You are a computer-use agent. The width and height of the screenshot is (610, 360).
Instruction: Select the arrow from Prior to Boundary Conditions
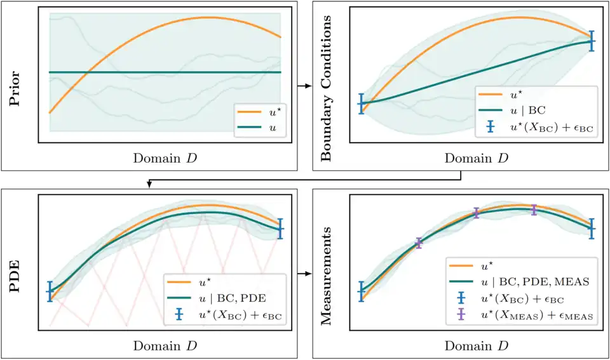tap(304, 85)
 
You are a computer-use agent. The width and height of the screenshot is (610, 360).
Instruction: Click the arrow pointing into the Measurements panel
tap(304, 274)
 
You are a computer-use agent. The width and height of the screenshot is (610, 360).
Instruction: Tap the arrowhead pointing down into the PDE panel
tap(149, 184)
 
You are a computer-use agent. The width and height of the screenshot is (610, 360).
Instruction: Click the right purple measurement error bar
tap(534, 210)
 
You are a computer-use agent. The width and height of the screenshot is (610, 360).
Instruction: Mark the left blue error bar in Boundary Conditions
tap(362, 103)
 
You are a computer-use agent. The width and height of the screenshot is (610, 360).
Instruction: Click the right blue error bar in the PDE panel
tap(281, 229)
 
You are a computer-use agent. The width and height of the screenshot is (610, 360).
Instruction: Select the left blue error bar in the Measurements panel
tap(362, 291)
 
